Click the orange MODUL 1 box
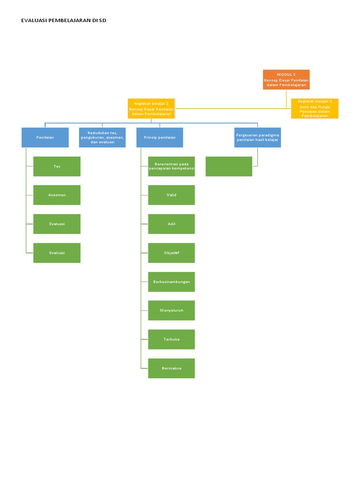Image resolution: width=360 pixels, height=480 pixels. coord(286,80)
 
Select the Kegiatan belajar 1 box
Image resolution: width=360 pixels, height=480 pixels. coord(151,108)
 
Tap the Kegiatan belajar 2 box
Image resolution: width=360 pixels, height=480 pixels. coord(315,108)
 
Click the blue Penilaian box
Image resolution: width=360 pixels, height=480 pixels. coord(45,137)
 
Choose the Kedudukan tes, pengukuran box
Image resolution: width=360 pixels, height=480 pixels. coord(102,137)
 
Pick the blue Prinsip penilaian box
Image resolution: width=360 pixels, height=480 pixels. coord(159,137)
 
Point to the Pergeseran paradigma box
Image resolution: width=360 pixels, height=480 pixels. coord(257,137)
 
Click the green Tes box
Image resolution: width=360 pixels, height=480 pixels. coord(57,166)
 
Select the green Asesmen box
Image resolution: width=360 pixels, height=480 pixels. coord(57,195)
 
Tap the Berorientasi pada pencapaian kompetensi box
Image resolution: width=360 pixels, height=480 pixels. coord(172,166)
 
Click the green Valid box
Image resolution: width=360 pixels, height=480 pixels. coord(172,195)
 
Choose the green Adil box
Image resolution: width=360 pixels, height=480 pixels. coord(172,224)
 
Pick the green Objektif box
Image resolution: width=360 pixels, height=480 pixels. coord(172,253)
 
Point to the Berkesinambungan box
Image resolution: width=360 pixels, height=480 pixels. coord(172,282)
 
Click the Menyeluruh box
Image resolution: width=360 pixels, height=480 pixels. coord(172,310)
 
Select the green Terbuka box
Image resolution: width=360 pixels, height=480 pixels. coord(172,339)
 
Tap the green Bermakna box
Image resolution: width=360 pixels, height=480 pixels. coord(172,368)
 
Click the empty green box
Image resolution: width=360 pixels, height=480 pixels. coord(229,166)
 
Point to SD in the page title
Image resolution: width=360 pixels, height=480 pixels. coord(102,21)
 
